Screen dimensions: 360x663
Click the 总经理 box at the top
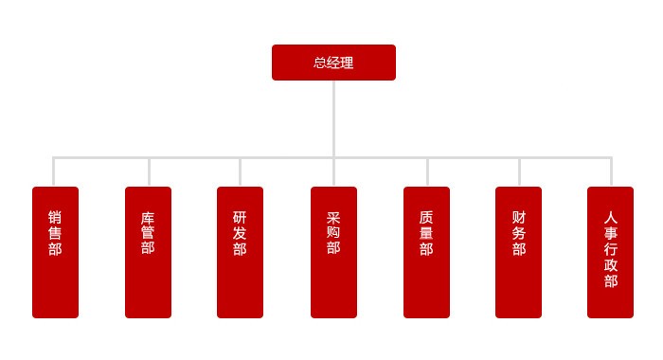(333, 63)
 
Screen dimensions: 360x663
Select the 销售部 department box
(55, 252)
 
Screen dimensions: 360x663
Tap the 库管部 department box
(148, 252)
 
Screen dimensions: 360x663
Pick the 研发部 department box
(240, 252)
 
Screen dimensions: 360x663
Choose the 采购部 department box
(333, 252)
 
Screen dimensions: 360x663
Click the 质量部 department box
(426, 252)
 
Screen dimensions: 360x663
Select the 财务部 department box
(518, 252)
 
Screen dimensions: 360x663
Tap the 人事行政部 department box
(610, 252)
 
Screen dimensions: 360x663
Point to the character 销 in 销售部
(55, 217)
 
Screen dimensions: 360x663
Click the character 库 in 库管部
(148, 217)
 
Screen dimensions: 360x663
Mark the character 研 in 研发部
(240, 217)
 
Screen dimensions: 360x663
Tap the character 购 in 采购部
(333, 233)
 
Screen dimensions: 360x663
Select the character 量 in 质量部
(426, 233)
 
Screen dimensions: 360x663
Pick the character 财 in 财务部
(518, 217)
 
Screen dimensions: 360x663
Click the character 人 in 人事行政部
(610, 217)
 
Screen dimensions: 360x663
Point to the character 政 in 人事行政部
(610, 265)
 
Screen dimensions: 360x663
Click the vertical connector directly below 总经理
(333, 118)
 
